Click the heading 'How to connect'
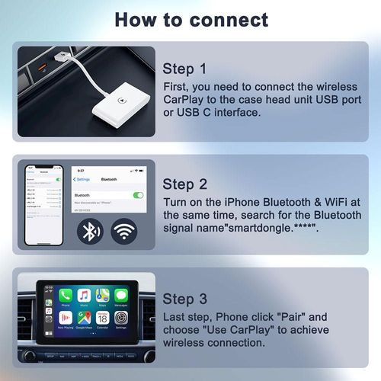click(190, 19)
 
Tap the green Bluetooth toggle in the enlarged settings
click(138, 195)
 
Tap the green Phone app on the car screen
click(66, 295)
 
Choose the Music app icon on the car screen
click(85, 295)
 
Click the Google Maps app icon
click(85, 318)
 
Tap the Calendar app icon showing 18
click(103, 318)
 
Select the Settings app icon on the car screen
click(121, 318)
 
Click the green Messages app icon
click(121, 295)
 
